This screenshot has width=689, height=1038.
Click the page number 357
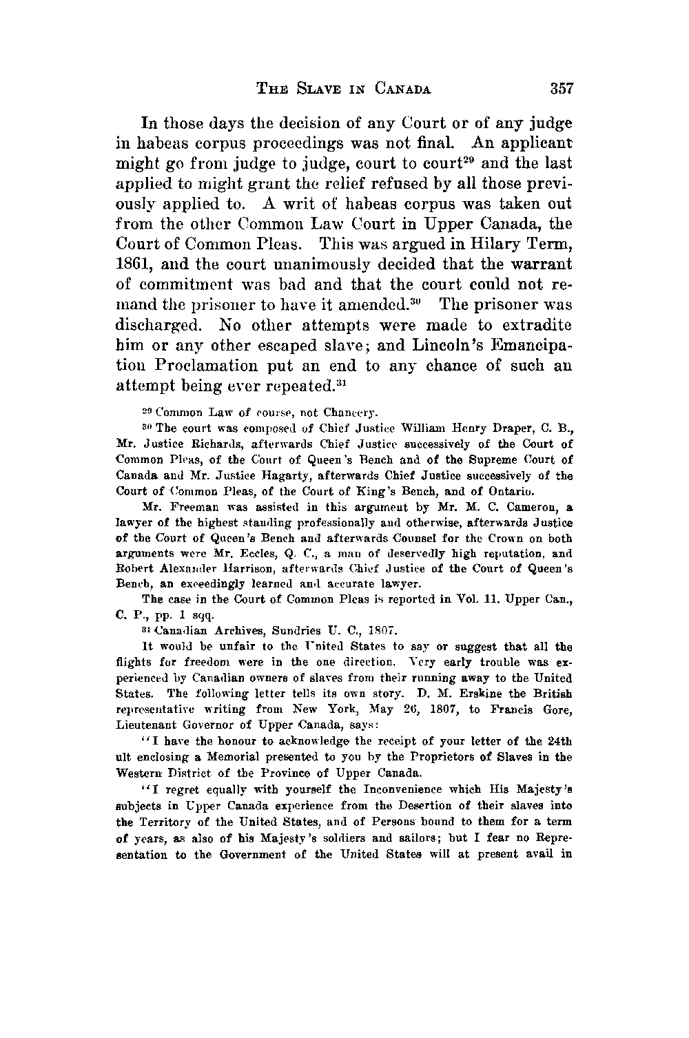(562, 89)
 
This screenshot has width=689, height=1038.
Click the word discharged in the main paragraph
(164, 324)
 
